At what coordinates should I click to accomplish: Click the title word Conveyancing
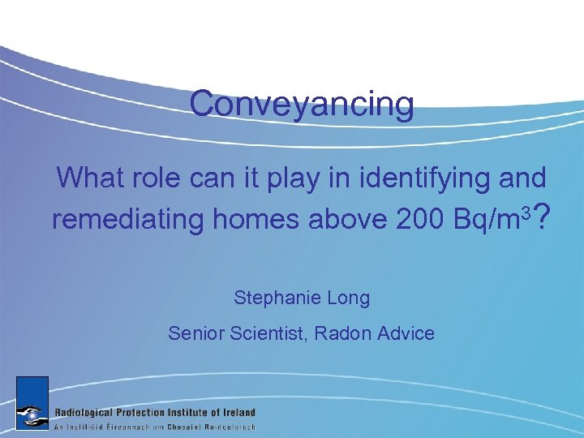point(302,105)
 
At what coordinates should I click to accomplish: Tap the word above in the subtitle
point(344,219)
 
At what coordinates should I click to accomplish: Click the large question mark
point(544,217)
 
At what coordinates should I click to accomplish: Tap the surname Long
point(349,298)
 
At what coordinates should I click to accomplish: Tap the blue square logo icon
point(32,402)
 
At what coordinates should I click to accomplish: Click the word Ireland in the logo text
point(236,412)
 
